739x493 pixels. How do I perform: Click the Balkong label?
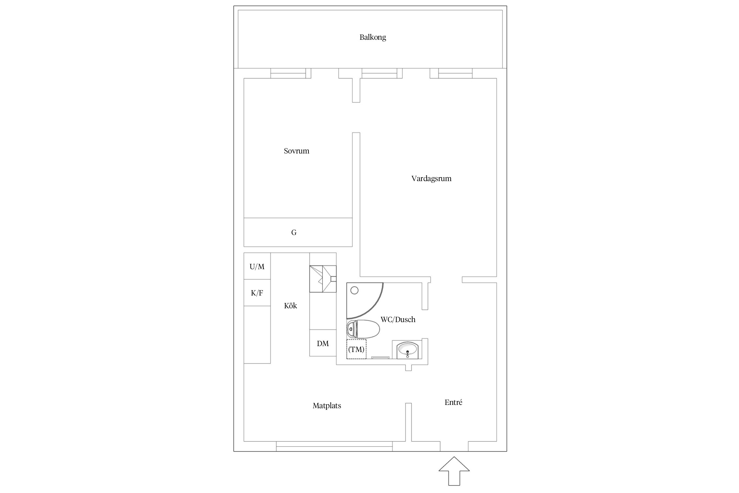pos(373,37)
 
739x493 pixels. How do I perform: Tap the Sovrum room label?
pos(297,151)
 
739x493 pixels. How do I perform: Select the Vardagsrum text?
pos(431,179)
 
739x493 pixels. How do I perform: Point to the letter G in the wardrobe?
pos(294,233)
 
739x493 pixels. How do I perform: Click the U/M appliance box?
pos(257,266)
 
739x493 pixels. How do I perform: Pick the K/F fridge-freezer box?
pos(257,293)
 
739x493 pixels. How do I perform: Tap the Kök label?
pos(290,306)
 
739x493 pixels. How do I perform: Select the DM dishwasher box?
pos(323,343)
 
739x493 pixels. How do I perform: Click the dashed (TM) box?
pos(357,349)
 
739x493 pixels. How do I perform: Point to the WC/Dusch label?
pos(398,319)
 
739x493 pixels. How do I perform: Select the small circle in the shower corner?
pos(354,291)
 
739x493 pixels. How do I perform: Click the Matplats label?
pos(327,406)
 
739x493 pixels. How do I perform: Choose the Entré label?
pos(454,403)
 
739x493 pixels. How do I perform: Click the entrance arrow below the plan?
pos(454,471)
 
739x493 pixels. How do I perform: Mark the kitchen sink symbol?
pos(323,279)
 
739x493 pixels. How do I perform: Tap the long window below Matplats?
pos(334,446)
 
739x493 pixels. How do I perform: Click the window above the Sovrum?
pos(288,73)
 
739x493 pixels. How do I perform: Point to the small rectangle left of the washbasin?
pos(380,358)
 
